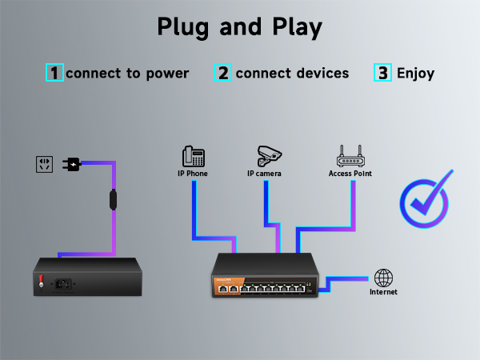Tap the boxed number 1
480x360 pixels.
point(54,73)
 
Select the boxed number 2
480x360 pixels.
point(223,73)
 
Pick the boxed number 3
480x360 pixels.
point(383,73)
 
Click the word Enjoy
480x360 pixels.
point(415,74)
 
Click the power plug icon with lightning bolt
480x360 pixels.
point(72,165)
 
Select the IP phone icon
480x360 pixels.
point(194,156)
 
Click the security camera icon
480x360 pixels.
point(270,155)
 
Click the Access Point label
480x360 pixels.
point(350,173)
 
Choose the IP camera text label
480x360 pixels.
point(264,173)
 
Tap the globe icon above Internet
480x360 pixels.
point(384,278)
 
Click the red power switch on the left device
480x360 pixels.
point(42,280)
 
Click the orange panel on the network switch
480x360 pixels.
point(226,284)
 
